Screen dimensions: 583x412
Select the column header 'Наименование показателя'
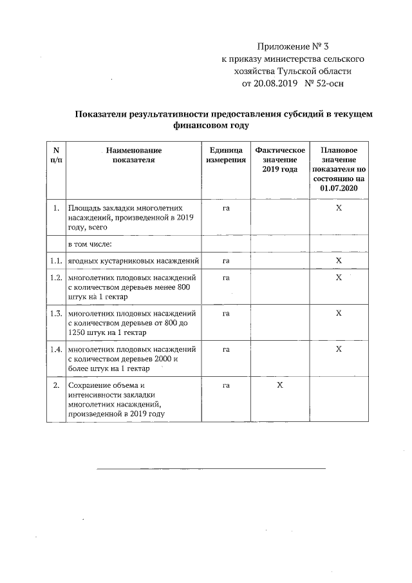[x=133, y=155]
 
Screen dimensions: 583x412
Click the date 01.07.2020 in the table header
[x=338, y=188]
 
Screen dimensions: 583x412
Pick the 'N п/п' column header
[x=56, y=155]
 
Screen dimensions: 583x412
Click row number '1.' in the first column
[x=56, y=209]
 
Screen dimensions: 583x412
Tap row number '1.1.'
[x=56, y=261]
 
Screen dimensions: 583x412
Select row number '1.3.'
[x=56, y=313]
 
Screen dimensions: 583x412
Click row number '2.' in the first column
[x=56, y=385]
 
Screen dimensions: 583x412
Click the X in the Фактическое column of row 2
[x=279, y=385]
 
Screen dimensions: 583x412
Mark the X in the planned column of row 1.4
[x=338, y=349]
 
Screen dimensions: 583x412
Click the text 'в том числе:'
[x=90, y=245]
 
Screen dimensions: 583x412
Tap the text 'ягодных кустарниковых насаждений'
[x=133, y=261]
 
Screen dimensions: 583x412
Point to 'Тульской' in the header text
[x=300, y=71]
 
